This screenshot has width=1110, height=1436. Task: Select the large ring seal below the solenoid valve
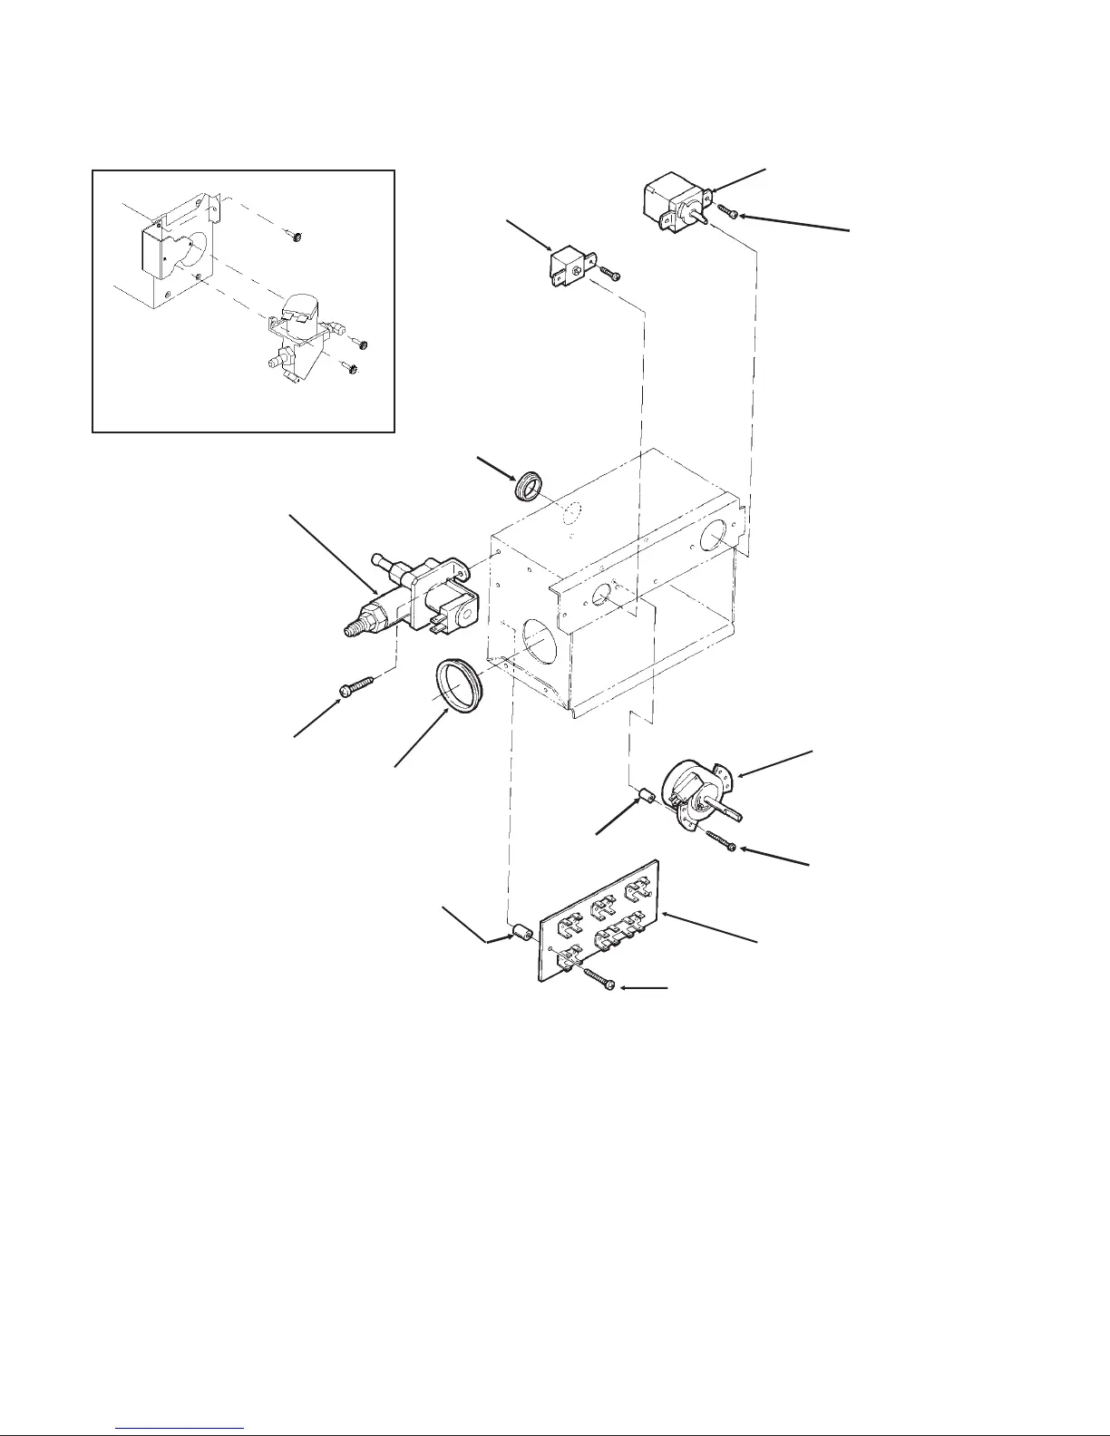(460, 688)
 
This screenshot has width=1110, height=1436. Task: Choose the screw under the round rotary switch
(721, 841)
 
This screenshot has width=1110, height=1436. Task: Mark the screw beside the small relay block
(609, 273)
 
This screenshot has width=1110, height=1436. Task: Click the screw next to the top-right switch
(728, 213)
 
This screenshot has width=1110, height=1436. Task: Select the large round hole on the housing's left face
(540, 645)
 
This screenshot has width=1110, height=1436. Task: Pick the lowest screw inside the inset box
(353, 368)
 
